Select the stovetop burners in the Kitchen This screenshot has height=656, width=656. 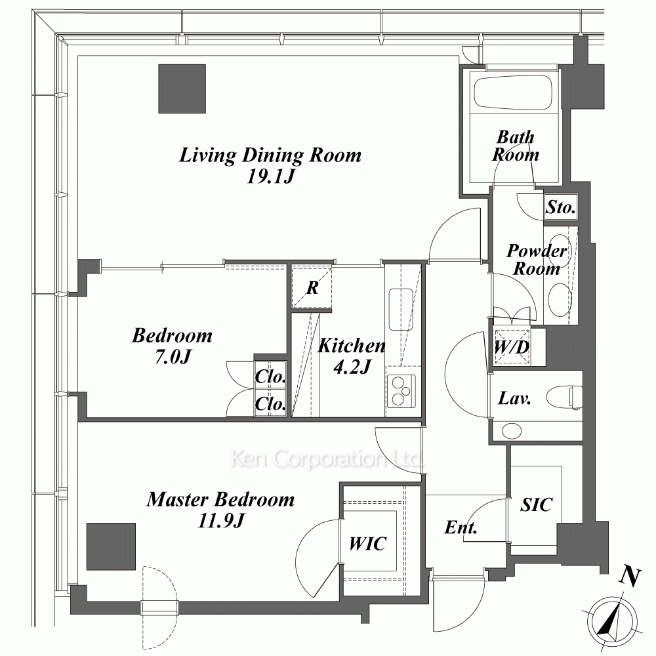[401, 391]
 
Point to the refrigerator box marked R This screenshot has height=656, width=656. [312, 287]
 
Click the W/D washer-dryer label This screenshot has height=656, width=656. [512, 347]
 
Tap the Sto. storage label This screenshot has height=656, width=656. [561, 207]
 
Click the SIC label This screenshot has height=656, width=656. [536, 504]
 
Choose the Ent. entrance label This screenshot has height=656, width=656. [461, 527]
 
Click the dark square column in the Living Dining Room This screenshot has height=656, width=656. [182, 89]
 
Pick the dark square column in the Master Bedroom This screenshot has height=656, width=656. [111, 546]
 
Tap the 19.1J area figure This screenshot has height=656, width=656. [270, 176]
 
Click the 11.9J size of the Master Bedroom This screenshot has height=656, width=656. [220, 522]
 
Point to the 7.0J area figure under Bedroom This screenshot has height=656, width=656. [173, 357]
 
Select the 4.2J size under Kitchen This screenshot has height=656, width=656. [352, 367]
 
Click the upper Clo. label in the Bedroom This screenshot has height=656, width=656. [270, 377]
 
